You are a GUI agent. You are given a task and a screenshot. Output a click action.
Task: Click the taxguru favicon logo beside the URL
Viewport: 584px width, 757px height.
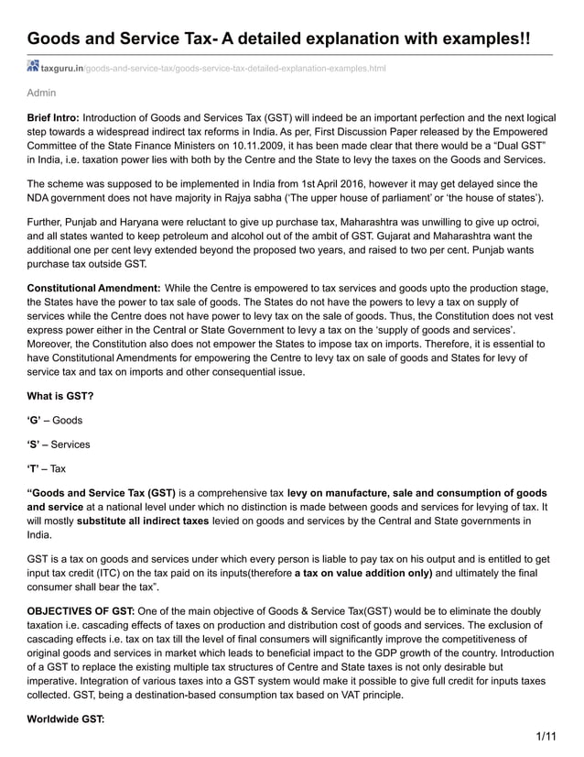coord(33,68)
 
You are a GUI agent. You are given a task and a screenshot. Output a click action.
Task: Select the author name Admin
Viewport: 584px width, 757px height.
coord(41,93)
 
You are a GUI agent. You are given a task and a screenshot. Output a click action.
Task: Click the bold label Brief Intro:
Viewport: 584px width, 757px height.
coord(53,118)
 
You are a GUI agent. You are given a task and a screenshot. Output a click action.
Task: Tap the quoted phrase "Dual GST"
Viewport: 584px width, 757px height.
coord(518,144)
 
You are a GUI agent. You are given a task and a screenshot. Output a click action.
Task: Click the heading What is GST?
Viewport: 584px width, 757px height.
coord(59,395)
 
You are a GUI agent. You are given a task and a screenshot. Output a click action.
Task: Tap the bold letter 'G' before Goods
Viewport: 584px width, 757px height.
coord(35,420)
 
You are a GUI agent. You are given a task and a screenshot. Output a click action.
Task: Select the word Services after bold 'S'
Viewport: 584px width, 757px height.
coord(71,444)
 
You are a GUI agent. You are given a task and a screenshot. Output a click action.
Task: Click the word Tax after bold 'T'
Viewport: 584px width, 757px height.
coord(58,468)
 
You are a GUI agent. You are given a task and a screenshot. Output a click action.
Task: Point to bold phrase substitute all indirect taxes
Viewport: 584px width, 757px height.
coord(156,521)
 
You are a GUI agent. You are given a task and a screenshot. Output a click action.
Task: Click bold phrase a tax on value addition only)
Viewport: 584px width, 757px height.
coord(363,573)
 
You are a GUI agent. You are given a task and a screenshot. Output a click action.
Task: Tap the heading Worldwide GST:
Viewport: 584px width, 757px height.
coord(66,719)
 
